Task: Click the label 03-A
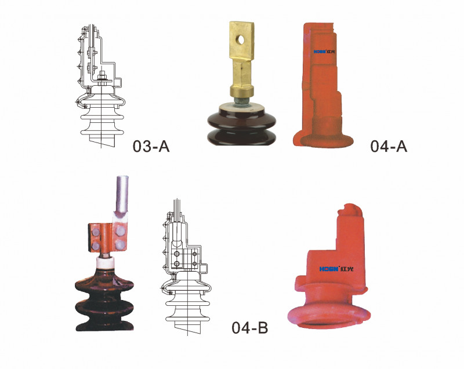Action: pyautogui.click(x=151, y=146)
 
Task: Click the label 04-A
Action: pyautogui.click(x=389, y=146)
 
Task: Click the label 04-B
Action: pyautogui.click(x=250, y=328)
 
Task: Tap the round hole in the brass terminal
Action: pyautogui.click(x=242, y=39)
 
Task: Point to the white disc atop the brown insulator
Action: pyautogui.click(x=242, y=108)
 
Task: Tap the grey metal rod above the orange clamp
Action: pyautogui.click(x=121, y=195)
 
